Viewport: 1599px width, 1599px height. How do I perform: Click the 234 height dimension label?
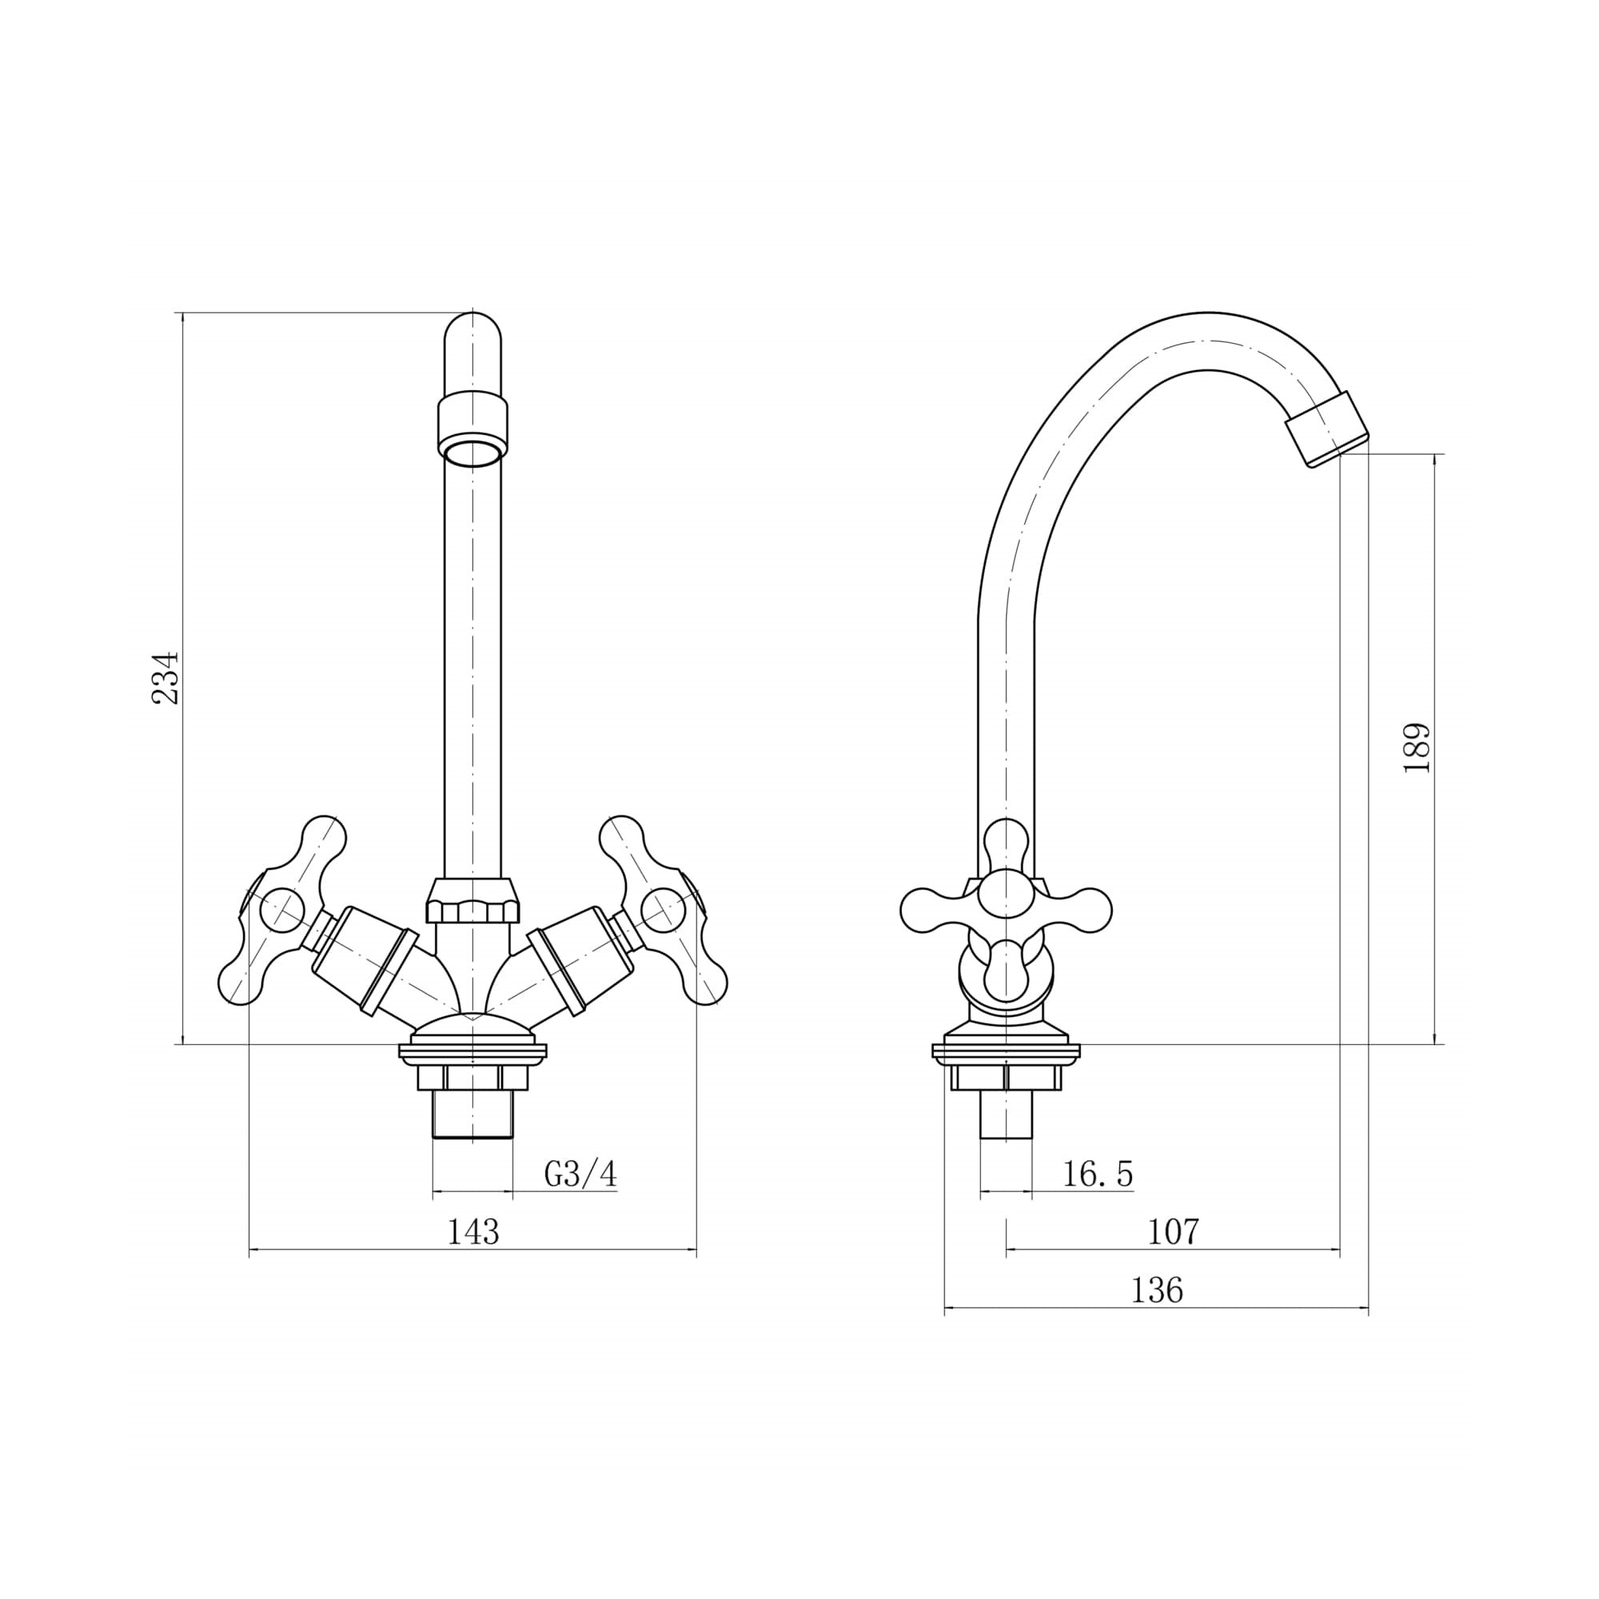click(x=165, y=677)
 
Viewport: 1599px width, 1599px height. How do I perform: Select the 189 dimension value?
click(x=1417, y=748)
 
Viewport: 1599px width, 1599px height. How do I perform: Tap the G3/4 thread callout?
click(x=581, y=1174)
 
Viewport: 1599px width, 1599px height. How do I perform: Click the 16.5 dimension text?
click(x=1098, y=1174)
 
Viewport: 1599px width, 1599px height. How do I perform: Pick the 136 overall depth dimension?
click(x=1157, y=1290)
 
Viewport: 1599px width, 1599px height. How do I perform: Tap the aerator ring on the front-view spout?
click(x=473, y=432)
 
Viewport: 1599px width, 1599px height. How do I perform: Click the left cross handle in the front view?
click(x=281, y=911)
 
